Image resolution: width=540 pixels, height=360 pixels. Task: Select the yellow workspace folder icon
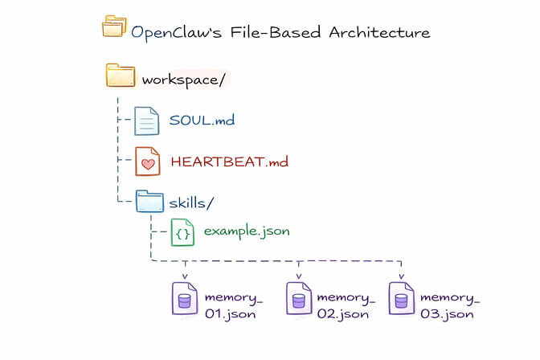pos(121,76)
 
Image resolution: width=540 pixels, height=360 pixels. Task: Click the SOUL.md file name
pos(201,121)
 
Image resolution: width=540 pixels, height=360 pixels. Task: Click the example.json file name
pos(246,231)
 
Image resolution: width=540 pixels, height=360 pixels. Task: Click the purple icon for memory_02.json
pos(298,299)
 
